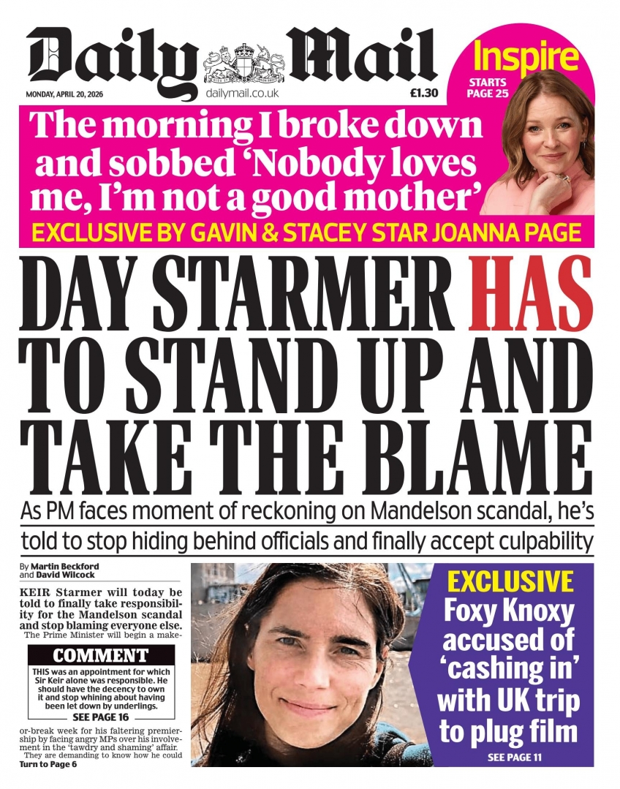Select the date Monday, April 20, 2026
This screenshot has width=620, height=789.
click(x=65, y=94)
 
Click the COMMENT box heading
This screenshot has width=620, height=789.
click(x=100, y=655)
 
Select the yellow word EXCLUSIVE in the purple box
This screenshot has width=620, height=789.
click(x=510, y=582)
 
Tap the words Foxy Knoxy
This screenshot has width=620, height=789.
click(x=510, y=611)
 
